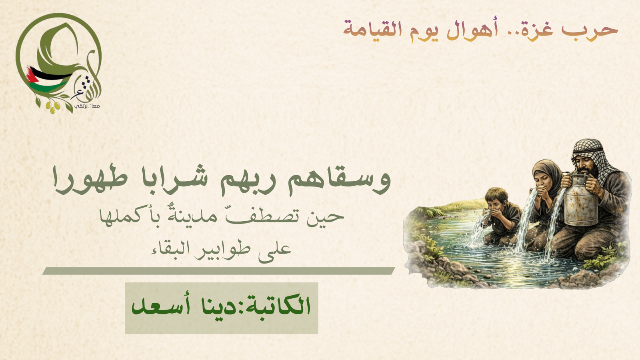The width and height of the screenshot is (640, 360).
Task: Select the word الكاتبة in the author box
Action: click(x=277, y=305)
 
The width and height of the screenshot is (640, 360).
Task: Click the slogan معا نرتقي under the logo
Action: click(x=87, y=106)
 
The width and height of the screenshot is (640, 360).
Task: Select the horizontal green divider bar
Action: click(x=218, y=271)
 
